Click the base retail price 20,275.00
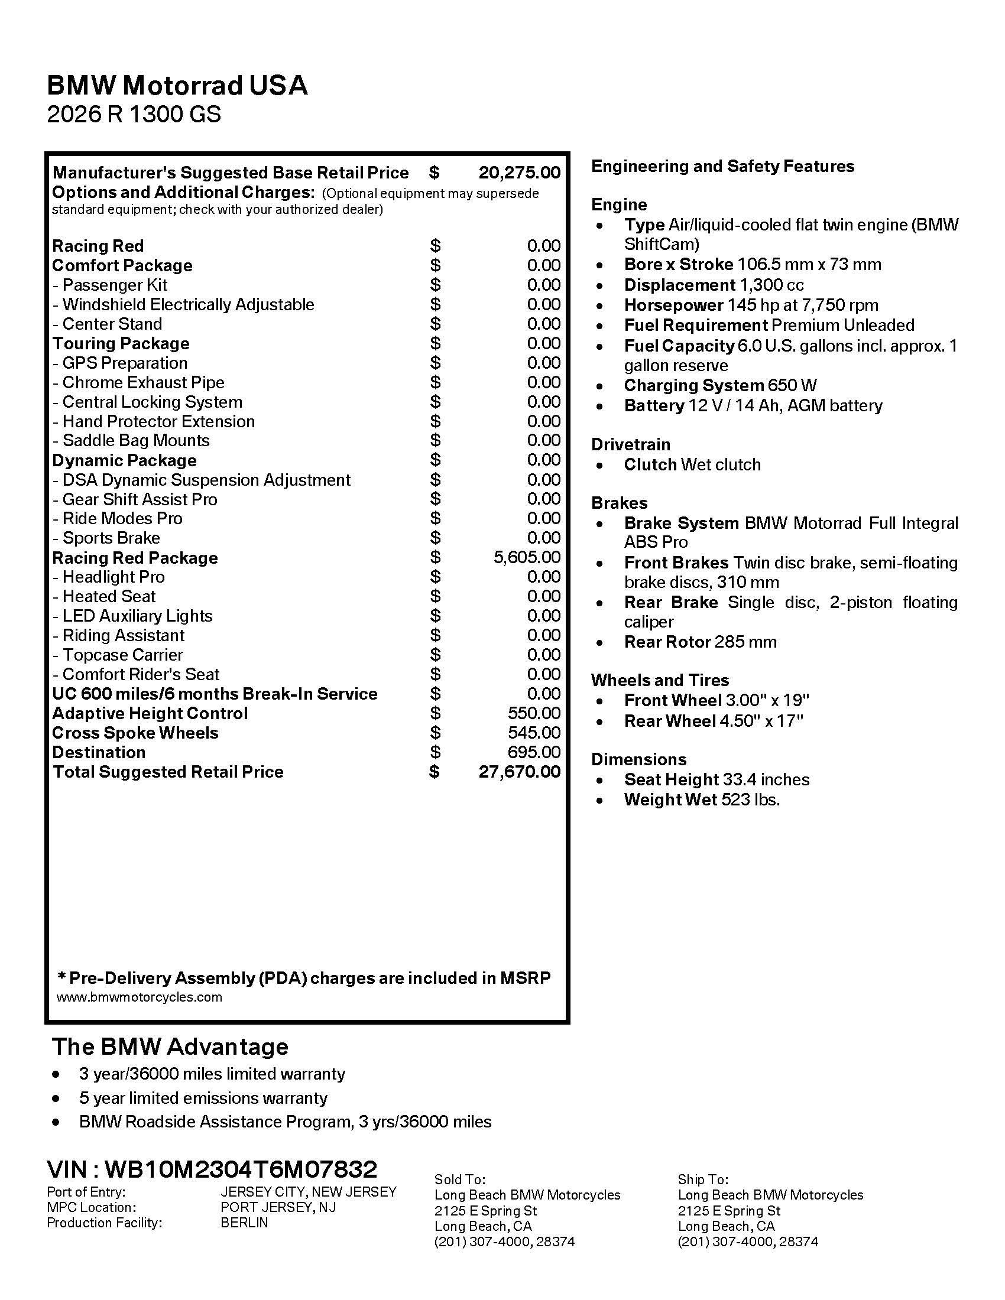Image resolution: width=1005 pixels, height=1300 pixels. pyautogui.click(x=519, y=173)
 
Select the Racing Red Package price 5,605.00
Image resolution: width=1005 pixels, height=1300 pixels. pyautogui.click(x=526, y=557)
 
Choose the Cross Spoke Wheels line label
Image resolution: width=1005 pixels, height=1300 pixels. pyautogui.click(x=135, y=733)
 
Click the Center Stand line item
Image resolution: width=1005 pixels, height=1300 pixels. pyautogui.click(x=107, y=324)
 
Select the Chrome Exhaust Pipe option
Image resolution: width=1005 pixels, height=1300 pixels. pyautogui.click(x=138, y=382)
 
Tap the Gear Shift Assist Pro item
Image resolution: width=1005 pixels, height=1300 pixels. pyautogui.click(x=135, y=499)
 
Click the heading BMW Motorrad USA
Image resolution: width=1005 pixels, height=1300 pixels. pyautogui.click(x=177, y=86)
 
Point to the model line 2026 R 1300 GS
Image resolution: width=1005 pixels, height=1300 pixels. pyautogui.click(x=134, y=113)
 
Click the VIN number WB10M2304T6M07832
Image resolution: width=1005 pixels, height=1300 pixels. pyautogui.click(x=241, y=1169)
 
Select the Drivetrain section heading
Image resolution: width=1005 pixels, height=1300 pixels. pyautogui.click(x=631, y=444)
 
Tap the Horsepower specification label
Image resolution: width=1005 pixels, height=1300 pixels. pyautogui.click(x=673, y=305)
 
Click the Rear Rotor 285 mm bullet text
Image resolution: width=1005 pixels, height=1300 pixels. pyautogui.click(x=699, y=642)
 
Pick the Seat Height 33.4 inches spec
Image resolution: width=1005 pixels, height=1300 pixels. pyautogui.click(x=717, y=779)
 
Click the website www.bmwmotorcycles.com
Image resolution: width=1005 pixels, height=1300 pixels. pyautogui.click(x=140, y=997)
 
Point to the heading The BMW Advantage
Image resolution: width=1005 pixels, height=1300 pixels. pyautogui.click(x=170, y=1046)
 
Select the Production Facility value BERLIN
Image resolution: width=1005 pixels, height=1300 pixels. pyautogui.click(x=244, y=1223)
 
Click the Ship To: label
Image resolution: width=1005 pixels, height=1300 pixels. pyautogui.click(x=702, y=1179)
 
